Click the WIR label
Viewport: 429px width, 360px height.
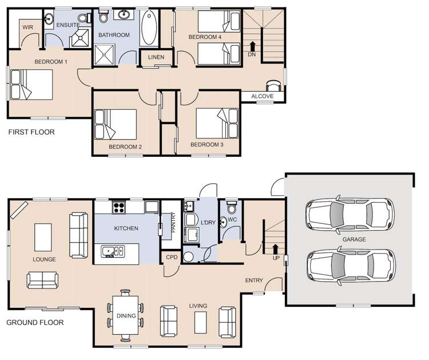click(x=27, y=27)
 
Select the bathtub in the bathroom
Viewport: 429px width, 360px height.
click(x=149, y=29)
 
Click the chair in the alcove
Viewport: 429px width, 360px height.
click(x=275, y=85)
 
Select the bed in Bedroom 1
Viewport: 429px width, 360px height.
click(x=32, y=85)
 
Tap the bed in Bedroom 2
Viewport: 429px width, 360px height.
click(x=116, y=124)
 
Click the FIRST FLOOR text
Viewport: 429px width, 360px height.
click(x=31, y=132)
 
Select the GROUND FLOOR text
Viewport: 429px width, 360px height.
click(x=34, y=322)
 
